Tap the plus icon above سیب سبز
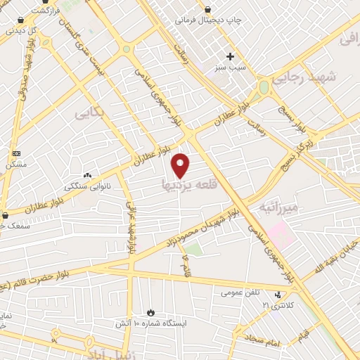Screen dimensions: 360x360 (229, 56)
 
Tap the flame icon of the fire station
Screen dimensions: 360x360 (150, 311)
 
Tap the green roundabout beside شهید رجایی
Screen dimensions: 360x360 (264, 88)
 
